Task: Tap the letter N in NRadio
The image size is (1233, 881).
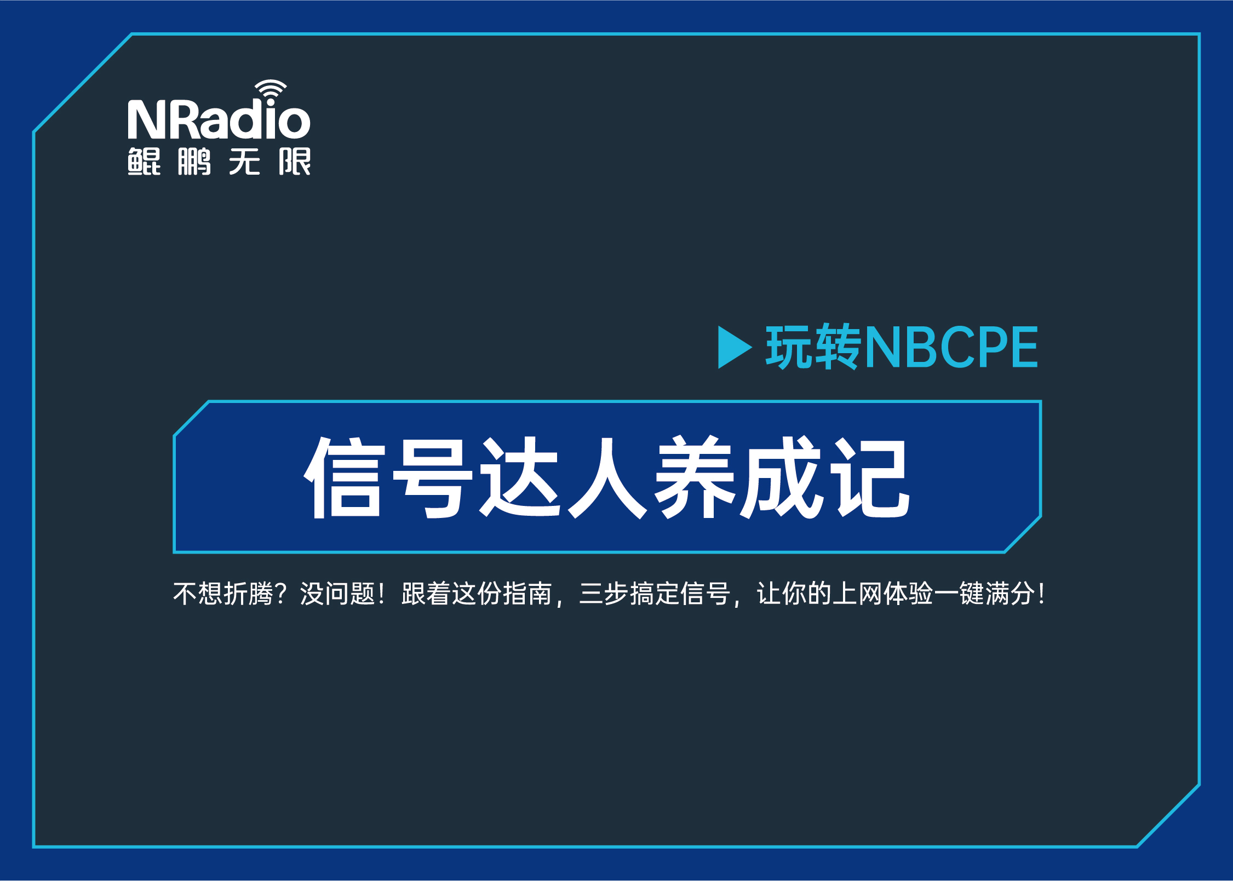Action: point(146,119)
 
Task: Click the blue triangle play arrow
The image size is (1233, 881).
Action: point(733,347)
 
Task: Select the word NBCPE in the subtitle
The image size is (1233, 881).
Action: point(951,347)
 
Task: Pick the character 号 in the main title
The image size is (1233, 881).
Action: point(432,477)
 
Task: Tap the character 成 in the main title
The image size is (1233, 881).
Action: point(781,477)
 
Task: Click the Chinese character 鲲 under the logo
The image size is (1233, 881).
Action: point(144,162)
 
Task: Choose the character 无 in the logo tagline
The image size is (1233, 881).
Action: point(244,162)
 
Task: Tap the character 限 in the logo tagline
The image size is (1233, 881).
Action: point(295,162)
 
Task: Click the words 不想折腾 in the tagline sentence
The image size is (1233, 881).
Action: point(223,594)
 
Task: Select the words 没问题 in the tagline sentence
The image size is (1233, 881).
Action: point(337,594)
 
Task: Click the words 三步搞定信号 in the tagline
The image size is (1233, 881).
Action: point(655,594)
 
